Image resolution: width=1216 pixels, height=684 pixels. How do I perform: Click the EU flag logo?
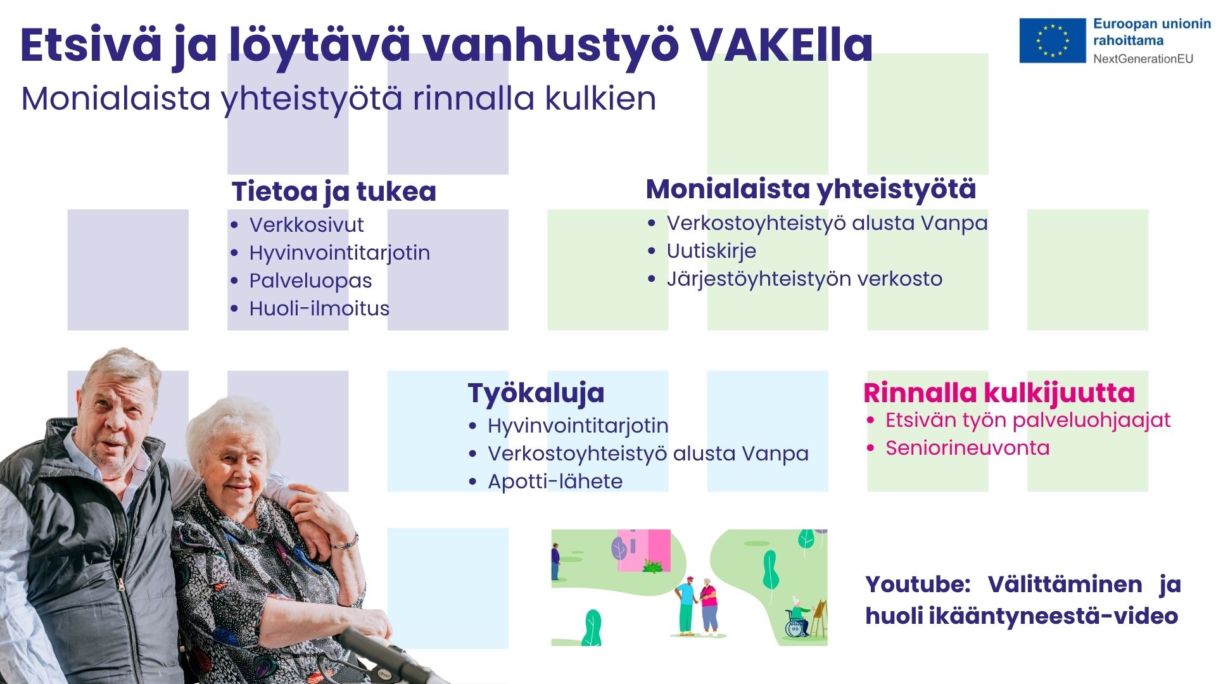click(x=1052, y=41)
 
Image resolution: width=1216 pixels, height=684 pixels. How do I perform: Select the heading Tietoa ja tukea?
click(x=334, y=191)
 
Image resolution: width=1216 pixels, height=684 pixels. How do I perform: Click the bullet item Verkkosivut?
click(x=307, y=225)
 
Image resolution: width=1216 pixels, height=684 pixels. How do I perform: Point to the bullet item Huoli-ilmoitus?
click(x=319, y=308)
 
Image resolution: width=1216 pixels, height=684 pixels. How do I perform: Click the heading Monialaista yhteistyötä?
click(x=811, y=189)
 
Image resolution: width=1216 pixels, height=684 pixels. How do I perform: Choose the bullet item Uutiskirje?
click(x=711, y=251)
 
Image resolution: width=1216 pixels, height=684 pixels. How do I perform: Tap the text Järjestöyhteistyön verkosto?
click(x=804, y=279)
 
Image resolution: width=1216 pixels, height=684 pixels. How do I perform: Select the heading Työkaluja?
click(x=536, y=393)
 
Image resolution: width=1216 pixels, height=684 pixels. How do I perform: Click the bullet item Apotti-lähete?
click(x=555, y=481)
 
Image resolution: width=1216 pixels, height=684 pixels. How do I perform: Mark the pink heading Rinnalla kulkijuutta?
click(x=999, y=393)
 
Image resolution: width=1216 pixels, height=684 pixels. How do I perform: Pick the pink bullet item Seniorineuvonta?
click(x=967, y=448)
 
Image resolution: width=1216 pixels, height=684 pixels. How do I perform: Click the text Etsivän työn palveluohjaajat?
click(x=1027, y=420)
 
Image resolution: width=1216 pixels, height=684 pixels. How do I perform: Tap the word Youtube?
click(x=917, y=584)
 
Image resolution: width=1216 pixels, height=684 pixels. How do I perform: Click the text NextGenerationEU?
click(x=1143, y=59)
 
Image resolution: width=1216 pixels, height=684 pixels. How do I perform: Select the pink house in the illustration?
click(x=645, y=549)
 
